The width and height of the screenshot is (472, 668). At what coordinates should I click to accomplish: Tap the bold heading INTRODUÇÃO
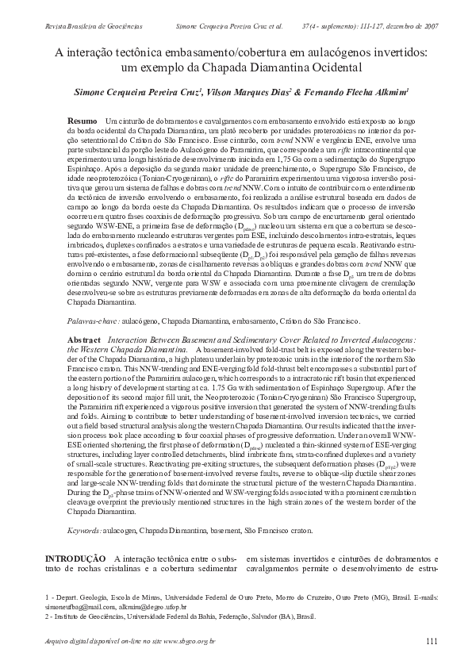pos(75,559)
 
